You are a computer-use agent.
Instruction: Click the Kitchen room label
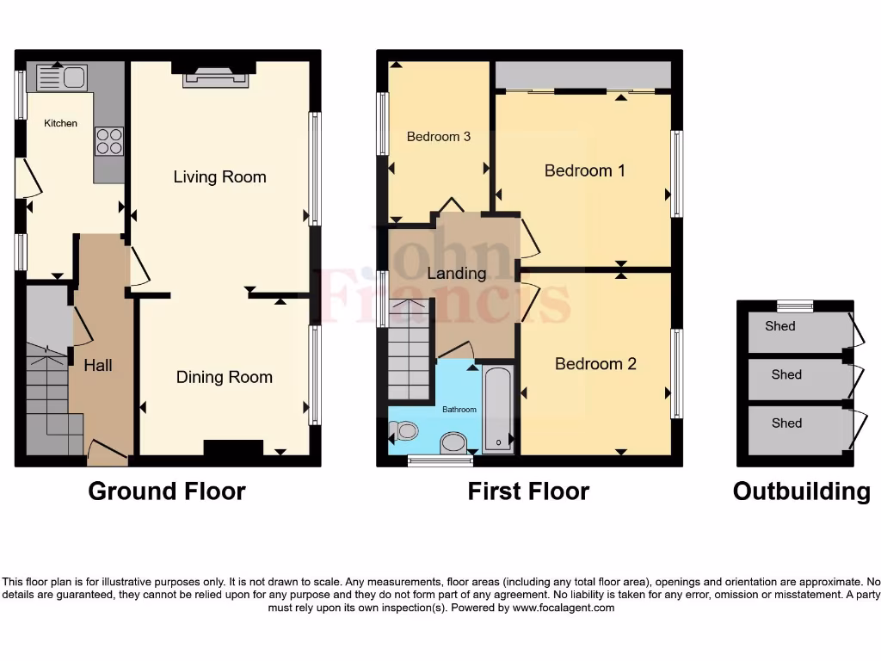(61, 123)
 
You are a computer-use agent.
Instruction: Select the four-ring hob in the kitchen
(109, 140)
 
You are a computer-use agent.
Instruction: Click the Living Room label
(219, 176)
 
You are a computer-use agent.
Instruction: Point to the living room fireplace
(215, 78)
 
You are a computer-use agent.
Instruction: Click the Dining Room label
(224, 377)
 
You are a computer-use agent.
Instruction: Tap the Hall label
(98, 365)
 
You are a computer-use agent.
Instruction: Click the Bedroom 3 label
(438, 136)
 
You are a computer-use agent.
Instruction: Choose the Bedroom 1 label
(584, 170)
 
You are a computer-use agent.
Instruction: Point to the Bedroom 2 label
(595, 364)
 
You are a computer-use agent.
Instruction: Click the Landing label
(456, 273)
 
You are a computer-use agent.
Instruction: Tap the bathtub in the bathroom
(498, 409)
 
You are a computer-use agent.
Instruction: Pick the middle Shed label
(786, 374)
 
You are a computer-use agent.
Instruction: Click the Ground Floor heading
(167, 491)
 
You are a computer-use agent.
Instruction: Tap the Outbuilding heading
(801, 491)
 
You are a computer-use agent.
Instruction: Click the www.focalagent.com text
(564, 608)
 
